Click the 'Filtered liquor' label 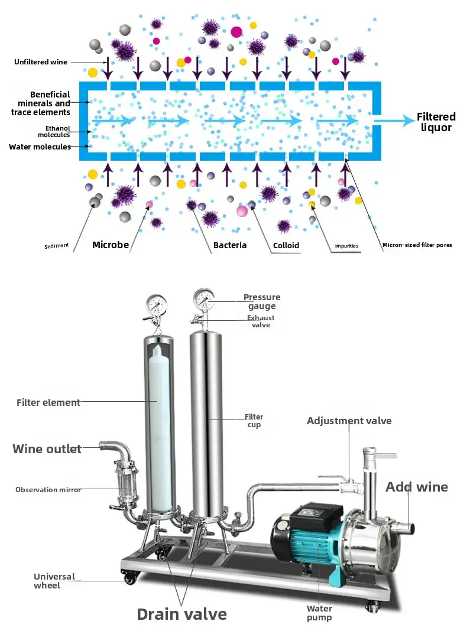pos(436,122)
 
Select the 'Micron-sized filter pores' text pos(417,245)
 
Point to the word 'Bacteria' pos(230,245)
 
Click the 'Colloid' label pos(286,245)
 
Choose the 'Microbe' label pos(111,245)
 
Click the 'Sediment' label pos(57,246)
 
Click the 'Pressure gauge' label pos(262,301)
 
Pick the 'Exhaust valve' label pos(261,321)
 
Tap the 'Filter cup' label pos(254,421)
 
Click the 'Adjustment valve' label pos(349,421)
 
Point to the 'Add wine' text pos(417,487)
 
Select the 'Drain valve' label pos(181,614)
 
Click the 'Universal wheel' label pos(54,581)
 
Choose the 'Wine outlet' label pos(47,449)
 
